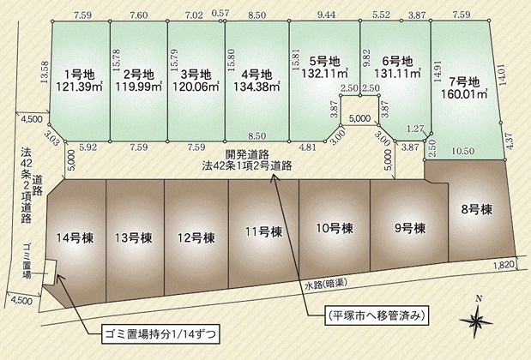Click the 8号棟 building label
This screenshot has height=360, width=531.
[474, 208]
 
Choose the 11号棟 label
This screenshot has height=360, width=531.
[262, 231]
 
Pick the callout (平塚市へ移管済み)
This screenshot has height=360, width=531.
[375, 315]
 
